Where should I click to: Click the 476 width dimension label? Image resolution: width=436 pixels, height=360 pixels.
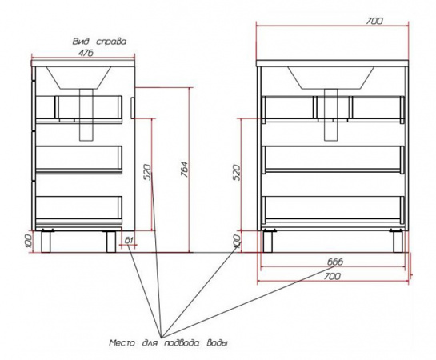[86, 54]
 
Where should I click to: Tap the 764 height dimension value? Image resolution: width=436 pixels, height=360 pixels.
[184, 169]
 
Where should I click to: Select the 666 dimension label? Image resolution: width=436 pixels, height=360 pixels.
[335, 262]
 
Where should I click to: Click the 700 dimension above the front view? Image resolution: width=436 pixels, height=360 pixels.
[374, 21]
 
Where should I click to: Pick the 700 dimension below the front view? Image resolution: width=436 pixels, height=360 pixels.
[332, 276]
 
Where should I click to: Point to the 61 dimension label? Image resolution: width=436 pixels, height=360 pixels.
[129, 240]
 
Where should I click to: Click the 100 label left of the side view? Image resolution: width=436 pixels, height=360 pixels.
[28, 242]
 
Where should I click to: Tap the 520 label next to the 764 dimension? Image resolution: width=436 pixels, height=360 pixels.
[148, 172]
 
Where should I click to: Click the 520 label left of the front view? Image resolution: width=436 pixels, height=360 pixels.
[236, 172]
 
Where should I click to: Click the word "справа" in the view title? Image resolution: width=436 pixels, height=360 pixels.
[111, 42]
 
